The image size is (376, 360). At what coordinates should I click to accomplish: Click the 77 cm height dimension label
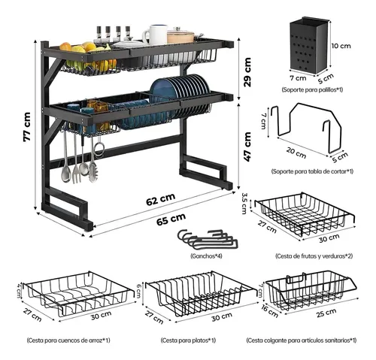27,126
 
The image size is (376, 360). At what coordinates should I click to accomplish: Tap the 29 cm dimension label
247,72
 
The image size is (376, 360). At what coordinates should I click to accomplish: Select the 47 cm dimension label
247,147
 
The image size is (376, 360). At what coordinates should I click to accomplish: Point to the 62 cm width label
161,199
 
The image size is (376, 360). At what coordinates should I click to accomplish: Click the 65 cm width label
171,219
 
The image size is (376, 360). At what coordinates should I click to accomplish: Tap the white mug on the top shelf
155,35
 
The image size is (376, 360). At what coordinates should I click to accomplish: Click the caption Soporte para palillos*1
312,89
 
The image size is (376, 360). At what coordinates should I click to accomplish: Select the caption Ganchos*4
206,256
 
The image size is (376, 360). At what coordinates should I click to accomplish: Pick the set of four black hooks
208,240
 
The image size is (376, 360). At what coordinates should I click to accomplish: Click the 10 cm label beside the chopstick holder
341,46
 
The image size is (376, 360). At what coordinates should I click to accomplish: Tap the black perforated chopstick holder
311,47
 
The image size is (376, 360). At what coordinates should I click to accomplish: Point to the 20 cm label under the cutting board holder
296,153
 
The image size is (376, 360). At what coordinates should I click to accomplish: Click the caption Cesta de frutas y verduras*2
314,256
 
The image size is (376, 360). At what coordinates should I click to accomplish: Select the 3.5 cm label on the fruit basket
244,204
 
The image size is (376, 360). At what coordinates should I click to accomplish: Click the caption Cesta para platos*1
188,340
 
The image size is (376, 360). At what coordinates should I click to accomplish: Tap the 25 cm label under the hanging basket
326,313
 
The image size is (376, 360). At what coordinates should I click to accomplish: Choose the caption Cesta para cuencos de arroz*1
68,340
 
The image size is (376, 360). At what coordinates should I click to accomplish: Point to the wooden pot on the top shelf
180,36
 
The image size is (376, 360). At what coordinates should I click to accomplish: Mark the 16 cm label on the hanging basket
269,311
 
